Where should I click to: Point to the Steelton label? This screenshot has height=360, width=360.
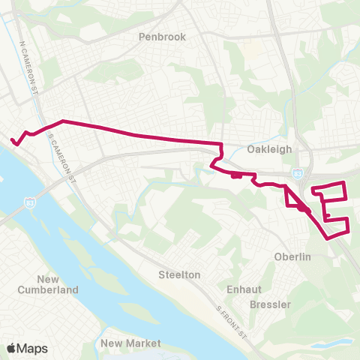(x=179, y=274)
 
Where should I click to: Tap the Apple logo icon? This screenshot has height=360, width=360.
(x=11, y=348)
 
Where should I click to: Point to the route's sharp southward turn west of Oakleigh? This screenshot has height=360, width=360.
(x=222, y=143)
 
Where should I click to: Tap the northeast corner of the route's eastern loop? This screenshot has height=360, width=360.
(x=343, y=183)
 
